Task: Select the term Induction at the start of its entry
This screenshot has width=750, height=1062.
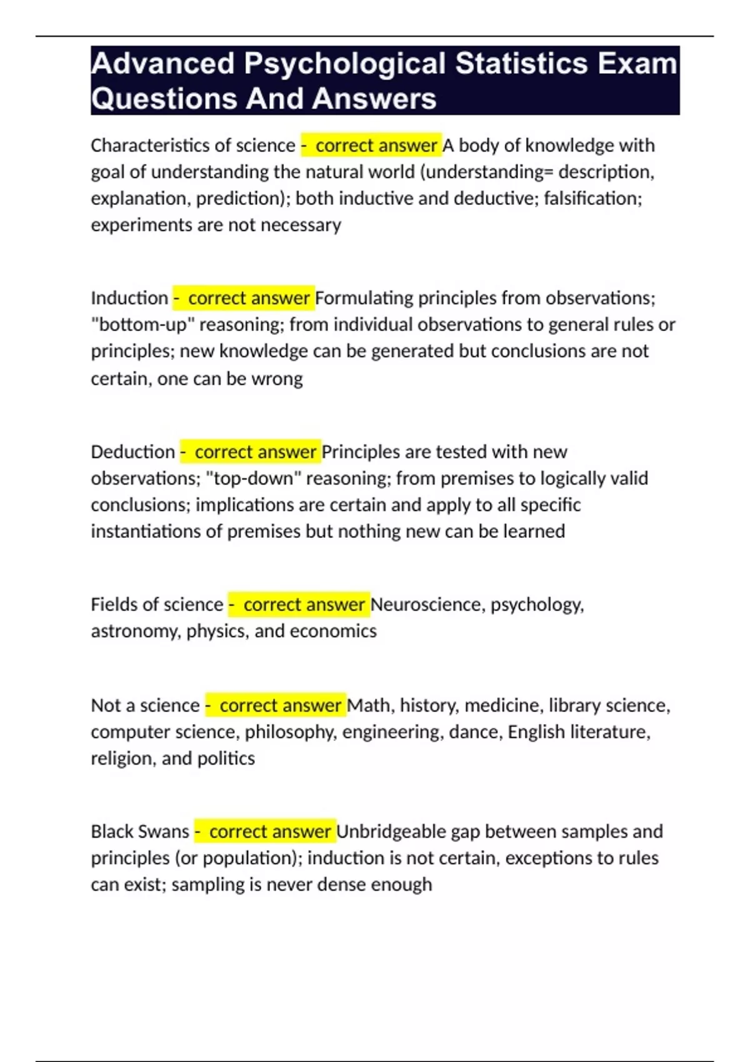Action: [129, 298]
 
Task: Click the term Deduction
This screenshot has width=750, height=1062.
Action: [132, 452]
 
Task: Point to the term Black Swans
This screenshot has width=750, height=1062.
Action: [139, 831]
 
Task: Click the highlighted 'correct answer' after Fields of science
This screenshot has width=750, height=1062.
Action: [303, 605]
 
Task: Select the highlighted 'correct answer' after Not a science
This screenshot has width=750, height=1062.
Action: [279, 705]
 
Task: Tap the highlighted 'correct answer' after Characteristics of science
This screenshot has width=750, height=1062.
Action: [376, 146]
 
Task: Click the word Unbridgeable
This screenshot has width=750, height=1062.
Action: [391, 831]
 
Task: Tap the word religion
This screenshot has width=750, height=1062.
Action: [121, 758]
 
